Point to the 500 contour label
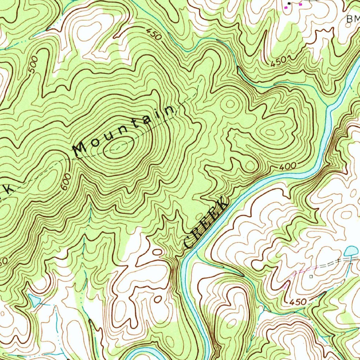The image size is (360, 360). (x=34, y=67)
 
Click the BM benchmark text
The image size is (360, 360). (x=352, y=20)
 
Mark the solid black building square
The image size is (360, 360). (x=289, y=4)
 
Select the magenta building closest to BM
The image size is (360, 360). (x=300, y=4)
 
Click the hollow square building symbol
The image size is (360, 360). (x=311, y=277)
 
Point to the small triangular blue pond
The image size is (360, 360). (x=34, y=300)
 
